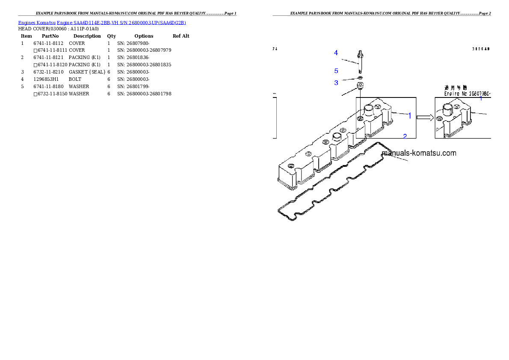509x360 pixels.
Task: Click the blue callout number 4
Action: pos(336,53)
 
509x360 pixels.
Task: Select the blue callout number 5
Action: pos(336,71)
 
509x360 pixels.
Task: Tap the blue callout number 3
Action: pos(336,83)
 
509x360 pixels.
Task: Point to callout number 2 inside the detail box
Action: pos(405,136)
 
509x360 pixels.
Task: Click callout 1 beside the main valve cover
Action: pos(409,115)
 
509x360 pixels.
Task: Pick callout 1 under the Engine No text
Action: pos(481,98)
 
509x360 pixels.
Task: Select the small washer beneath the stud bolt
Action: pos(360,78)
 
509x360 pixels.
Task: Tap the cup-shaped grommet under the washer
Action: pos(361,87)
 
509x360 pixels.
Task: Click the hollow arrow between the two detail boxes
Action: pos(425,117)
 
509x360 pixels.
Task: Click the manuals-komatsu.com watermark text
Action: pos(419,153)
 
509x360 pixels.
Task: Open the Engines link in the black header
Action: pos(25,23)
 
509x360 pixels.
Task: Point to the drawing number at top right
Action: pos(481,49)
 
